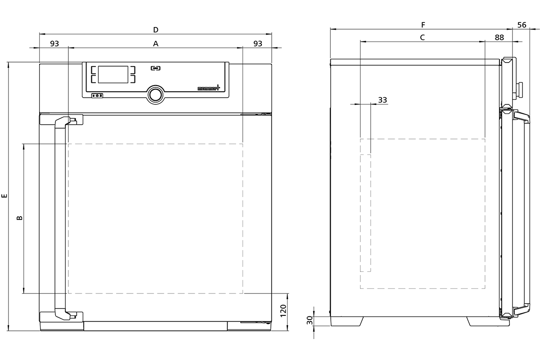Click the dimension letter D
point(156,30)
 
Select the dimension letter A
point(156,44)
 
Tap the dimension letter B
point(19,218)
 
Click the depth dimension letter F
point(423,25)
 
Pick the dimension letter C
point(423,38)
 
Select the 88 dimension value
point(499,38)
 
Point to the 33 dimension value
point(382,100)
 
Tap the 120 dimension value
point(283,311)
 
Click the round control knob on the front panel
point(155,94)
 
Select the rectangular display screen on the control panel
point(114,74)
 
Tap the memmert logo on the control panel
point(208,89)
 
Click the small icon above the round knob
point(155,68)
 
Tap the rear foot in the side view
point(346,321)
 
